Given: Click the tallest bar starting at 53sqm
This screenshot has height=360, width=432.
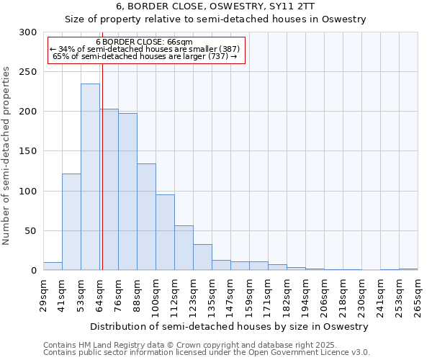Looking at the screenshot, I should (90, 177).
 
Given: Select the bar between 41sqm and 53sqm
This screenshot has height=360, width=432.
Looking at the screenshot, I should (71, 222).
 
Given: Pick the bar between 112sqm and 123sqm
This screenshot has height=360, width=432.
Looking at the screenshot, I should (184, 248).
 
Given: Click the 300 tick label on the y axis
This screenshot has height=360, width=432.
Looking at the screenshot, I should (27, 32).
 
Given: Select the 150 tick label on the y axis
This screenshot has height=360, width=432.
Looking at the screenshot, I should (27, 152).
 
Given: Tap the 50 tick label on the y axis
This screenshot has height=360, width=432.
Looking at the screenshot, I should (30, 231).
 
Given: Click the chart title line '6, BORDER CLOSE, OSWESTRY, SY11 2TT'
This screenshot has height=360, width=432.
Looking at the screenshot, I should (215, 7).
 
